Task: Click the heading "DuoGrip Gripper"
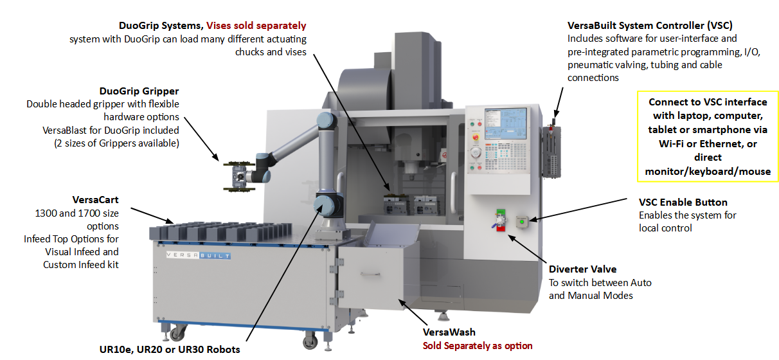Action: click(x=139, y=91)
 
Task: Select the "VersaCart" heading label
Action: click(x=96, y=200)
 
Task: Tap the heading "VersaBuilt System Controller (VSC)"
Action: click(x=650, y=26)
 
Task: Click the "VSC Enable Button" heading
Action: click(x=683, y=203)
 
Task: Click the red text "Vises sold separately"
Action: click(x=256, y=26)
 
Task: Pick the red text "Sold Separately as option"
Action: click(x=477, y=346)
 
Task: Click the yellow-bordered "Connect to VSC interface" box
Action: click(x=708, y=136)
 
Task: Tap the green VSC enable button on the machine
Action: click(x=522, y=222)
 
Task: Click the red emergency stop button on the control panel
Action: click(x=476, y=136)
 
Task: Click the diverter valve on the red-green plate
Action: click(x=498, y=220)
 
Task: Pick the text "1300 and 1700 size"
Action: click(x=77, y=213)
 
